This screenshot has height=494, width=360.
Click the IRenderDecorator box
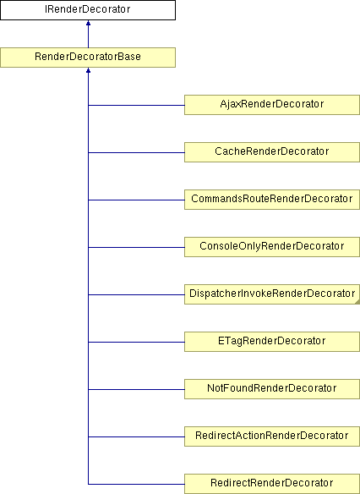pos(88,10)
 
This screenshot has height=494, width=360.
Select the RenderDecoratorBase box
pos(88,58)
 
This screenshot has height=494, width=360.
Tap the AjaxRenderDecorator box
pos(272,105)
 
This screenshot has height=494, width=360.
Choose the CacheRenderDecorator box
pos(272,152)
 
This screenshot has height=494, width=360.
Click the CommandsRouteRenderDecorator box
pos(272,200)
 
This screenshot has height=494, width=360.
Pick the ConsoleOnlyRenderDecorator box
pos(272,247)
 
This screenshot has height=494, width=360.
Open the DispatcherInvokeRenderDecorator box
pos(272,294)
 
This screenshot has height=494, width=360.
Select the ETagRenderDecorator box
pos(272,342)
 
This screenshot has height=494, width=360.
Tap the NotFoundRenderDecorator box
pos(272,389)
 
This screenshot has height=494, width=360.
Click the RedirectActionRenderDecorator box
pos(272,436)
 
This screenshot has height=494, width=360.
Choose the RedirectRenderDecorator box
pos(272,484)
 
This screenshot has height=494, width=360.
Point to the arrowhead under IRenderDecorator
pos(88,23)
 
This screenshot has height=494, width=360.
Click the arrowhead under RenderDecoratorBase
pos(88,70)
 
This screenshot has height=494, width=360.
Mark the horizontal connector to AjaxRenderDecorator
pos(136,105)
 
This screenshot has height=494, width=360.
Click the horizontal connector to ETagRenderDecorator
pos(136,342)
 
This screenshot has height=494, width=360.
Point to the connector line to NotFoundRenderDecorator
pos(136,389)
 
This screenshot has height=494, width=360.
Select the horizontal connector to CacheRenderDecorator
pos(136,153)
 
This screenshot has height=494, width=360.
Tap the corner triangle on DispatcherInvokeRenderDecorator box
pos(357,302)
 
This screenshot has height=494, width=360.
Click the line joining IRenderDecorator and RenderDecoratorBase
pos(88,34)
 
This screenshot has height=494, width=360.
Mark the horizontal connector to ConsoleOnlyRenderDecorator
pos(136,247)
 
